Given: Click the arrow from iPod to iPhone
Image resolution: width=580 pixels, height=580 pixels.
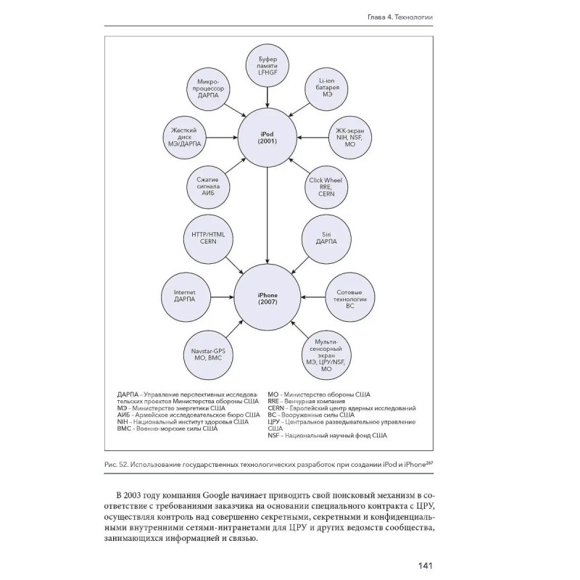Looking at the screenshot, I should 268,217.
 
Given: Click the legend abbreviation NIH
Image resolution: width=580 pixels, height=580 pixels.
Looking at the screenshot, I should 123,421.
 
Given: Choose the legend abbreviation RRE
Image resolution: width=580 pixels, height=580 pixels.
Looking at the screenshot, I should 274,401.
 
